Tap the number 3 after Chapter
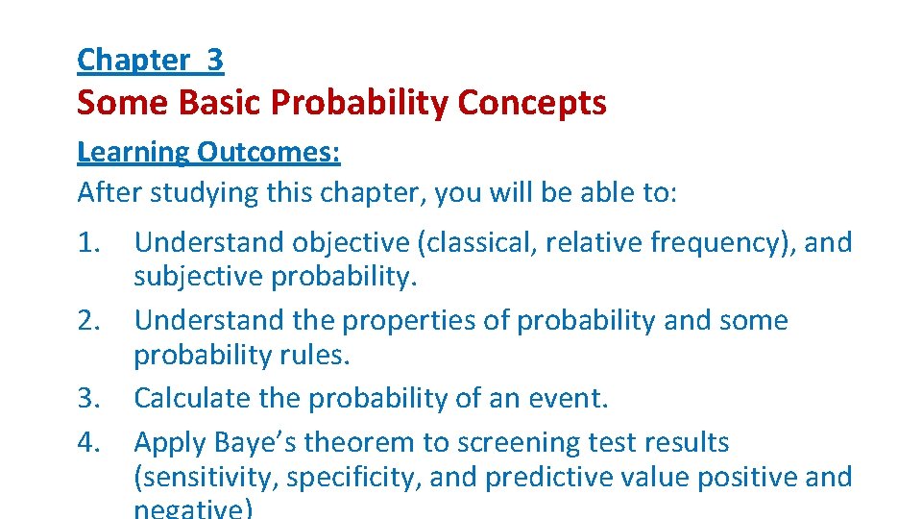(214, 60)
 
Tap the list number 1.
(89, 242)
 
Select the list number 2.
(89, 320)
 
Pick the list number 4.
(89, 442)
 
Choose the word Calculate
(191, 398)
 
